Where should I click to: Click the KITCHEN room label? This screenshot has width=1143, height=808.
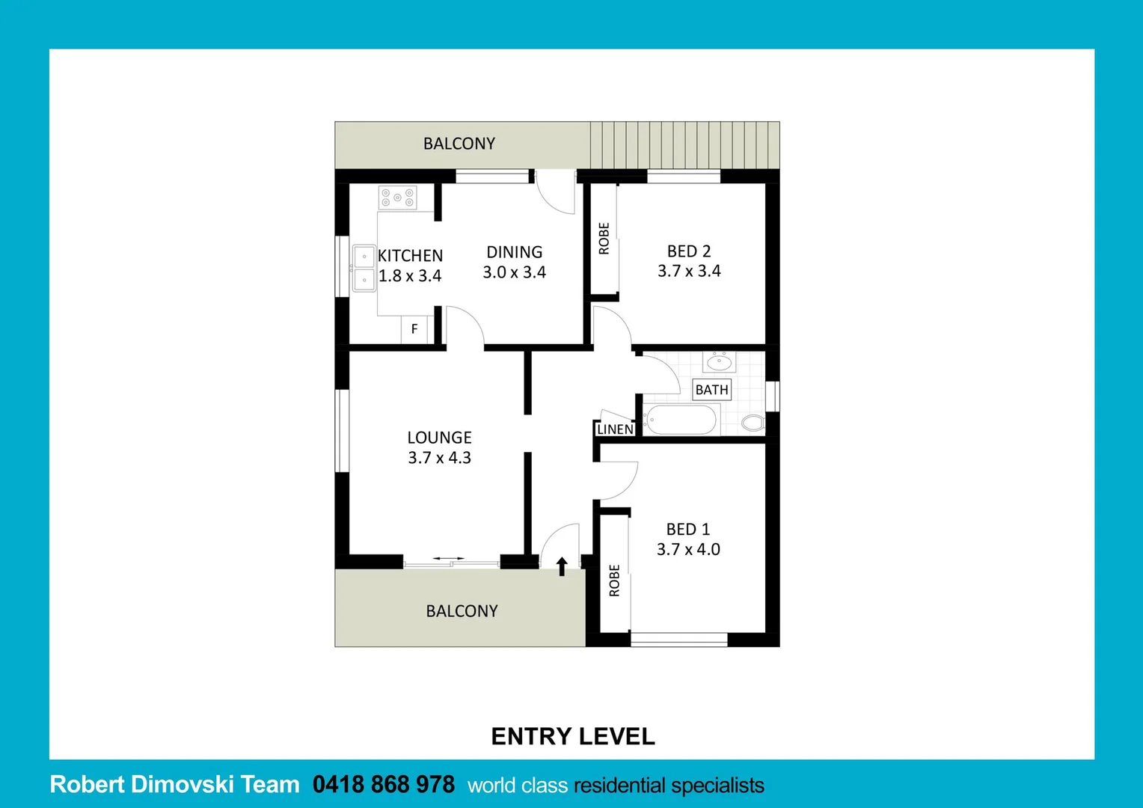pos(410,256)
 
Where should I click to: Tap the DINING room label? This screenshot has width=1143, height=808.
pos(515,252)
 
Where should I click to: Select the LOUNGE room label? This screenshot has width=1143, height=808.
pos(439,438)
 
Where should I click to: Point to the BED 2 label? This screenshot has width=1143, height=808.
pos(689,251)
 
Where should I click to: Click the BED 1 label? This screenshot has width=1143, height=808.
pos(688,530)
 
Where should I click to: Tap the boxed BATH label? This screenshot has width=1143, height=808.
pos(711,390)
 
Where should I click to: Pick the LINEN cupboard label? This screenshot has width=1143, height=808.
pos(615,429)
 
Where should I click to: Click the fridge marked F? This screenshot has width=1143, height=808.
pos(414,329)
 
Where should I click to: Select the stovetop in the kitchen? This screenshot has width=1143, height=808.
pos(397,198)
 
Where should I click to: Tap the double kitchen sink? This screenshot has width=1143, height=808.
pos(364,269)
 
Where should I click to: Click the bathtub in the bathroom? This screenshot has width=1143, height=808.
pos(681,420)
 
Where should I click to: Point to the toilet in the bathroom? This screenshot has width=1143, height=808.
pos(753,423)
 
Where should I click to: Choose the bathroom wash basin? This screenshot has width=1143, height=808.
pos(719,363)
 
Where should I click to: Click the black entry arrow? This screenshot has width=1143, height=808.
pos(562,566)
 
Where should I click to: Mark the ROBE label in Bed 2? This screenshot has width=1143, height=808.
pos(604,239)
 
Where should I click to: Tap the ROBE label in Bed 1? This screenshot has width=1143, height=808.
pos(614,581)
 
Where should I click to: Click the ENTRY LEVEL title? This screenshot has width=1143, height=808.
pos(573,737)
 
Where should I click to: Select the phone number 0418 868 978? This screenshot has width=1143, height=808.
pos(383,785)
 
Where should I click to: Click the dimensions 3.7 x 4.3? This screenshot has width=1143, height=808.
pos(439,458)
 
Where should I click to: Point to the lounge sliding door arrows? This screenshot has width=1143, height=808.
pos(448,559)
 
